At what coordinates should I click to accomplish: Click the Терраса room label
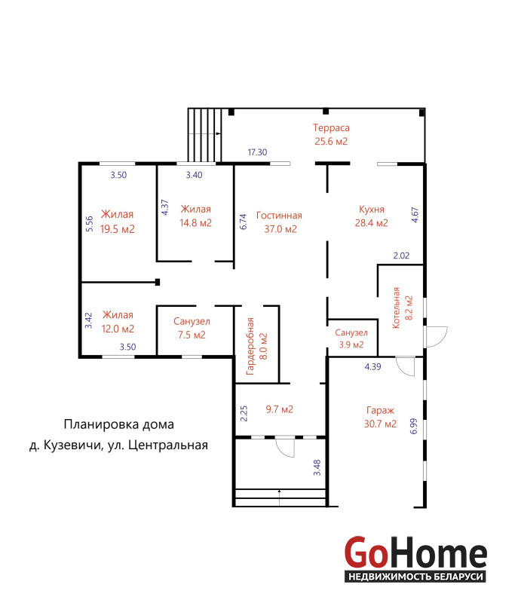tap(331, 134)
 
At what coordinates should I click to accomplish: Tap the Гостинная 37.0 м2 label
tap(280, 222)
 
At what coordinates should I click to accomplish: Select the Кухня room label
tap(371, 216)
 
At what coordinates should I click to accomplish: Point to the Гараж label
tap(380, 417)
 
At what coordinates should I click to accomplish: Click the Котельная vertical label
tap(403, 308)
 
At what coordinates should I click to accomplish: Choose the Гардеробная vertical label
tap(256, 347)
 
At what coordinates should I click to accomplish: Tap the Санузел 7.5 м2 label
tap(192, 328)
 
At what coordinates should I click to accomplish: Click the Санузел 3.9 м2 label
tap(351, 338)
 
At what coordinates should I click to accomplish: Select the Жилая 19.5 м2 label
tap(118, 222)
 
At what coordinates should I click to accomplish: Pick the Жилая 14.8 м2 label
tap(195, 216)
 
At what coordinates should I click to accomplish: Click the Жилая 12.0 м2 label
tap(118, 322)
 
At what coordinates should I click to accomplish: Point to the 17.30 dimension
tap(257, 152)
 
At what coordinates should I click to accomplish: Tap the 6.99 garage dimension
tap(414, 426)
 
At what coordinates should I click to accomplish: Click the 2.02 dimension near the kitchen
tap(401, 256)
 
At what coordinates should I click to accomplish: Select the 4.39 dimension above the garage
tap(373, 367)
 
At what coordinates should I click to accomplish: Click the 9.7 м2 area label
tap(280, 409)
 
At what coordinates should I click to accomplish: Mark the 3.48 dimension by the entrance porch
tap(317, 467)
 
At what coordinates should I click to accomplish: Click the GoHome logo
tap(415, 559)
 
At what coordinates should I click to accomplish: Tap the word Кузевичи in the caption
tap(72, 445)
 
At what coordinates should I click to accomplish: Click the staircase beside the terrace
tap(205, 135)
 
